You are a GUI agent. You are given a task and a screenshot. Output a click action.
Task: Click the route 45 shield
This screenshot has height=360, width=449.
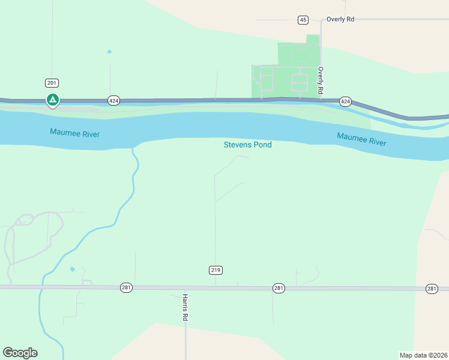(x=303, y=20)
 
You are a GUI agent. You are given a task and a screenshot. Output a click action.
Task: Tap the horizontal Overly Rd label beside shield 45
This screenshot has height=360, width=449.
(x=340, y=19)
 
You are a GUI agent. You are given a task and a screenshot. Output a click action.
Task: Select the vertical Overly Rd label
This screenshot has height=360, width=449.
(x=321, y=80)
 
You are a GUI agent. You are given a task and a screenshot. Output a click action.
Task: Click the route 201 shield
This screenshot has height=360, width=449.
(x=52, y=83)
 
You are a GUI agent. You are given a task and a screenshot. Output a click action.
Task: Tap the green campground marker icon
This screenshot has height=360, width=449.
(x=53, y=100)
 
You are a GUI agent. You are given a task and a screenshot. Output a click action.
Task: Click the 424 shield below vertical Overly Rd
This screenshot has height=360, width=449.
(x=345, y=101)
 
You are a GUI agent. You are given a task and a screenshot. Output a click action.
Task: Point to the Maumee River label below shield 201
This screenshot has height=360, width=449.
(x=75, y=133)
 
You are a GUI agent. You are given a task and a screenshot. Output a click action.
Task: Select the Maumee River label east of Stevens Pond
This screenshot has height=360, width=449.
(x=361, y=139)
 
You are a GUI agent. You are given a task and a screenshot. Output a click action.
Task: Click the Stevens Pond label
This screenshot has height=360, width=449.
(x=247, y=145)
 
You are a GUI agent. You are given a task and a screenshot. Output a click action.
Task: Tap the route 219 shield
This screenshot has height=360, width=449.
(x=216, y=270)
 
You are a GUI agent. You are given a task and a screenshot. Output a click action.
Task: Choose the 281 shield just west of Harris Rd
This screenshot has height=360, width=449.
(x=126, y=287)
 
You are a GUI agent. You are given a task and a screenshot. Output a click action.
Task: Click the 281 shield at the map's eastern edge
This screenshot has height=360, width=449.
(x=432, y=289)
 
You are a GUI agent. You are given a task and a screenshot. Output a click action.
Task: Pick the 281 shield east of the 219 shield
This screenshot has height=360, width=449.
(x=279, y=289)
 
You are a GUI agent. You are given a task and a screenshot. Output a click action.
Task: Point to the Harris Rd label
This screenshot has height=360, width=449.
(x=185, y=308)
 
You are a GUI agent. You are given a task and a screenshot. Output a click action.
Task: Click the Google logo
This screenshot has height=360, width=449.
(x=20, y=353)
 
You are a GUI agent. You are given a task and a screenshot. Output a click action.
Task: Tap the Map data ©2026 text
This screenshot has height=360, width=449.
(x=423, y=355)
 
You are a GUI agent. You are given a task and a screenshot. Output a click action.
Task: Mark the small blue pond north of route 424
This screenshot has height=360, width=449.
(x=109, y=52)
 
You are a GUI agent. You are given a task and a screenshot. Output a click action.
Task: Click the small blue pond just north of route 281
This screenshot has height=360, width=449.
(x=73, y=269)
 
